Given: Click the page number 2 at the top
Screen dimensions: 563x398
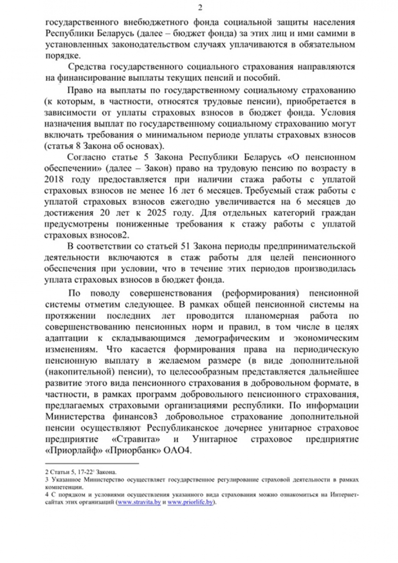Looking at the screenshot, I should pyautogui.click(x=199, y=7).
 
